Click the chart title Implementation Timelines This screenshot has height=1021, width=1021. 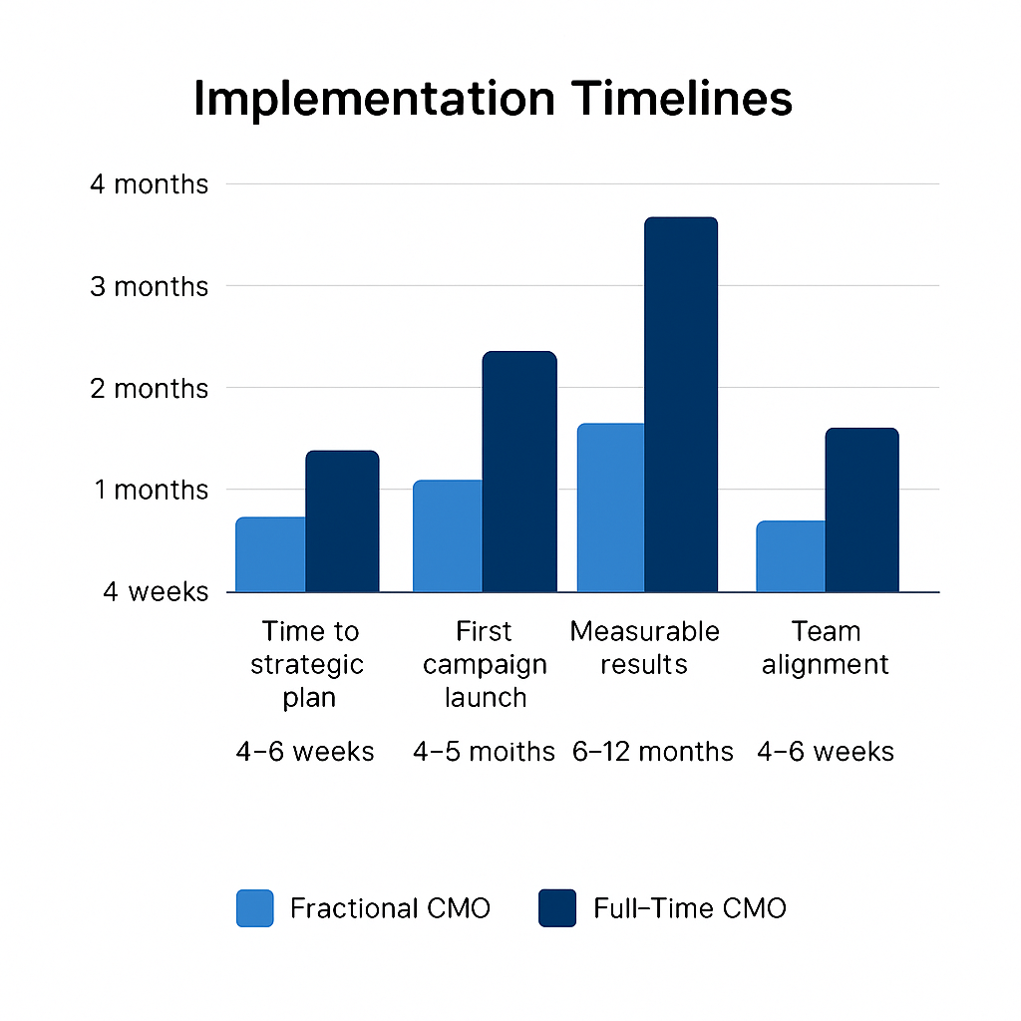coord(493,99)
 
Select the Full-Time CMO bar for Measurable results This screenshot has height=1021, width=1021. coord(680,404)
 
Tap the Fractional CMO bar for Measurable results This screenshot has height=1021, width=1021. coord(610,508)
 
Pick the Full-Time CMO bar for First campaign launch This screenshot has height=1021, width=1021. coord(519,472)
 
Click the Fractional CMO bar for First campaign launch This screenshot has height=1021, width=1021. coord(448,536)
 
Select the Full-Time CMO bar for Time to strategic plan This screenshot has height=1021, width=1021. coord(342,521)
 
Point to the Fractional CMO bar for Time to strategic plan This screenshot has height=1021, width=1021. coord(270,554)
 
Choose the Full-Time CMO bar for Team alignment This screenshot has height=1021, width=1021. coord(861,510)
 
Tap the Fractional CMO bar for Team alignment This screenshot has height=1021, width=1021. coord(791,556)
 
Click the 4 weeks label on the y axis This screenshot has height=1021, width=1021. coord(156,591)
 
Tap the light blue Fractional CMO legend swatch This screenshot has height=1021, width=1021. coord(254,908)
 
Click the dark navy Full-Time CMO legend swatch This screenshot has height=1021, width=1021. coord(557,908)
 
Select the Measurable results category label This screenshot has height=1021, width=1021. coord(644,648)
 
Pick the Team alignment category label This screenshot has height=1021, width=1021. coord(825,648)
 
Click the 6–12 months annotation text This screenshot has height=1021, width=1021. coord(653,751)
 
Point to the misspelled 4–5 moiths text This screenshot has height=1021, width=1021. coord(484,751)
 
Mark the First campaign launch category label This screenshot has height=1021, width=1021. coord(485,664)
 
